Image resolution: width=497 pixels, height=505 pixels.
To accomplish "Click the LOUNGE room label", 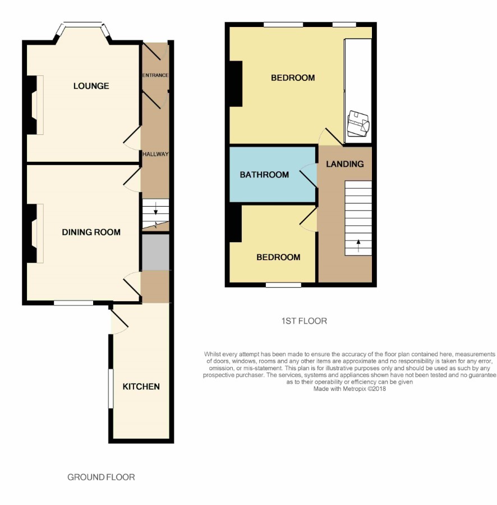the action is (x=91, y=86).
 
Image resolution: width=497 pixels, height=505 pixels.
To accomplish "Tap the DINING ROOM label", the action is (x=91, y=232).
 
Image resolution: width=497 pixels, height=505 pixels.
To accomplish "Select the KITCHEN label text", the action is (x=141, y=386).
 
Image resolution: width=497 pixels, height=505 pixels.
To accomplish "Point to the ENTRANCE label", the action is (x=155, y=75).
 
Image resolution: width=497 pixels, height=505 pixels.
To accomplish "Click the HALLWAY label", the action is (x=155, y=154).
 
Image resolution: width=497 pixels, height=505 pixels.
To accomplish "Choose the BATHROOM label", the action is (x=264, y=175).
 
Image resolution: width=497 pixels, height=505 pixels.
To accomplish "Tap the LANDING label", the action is (x=345, y=164).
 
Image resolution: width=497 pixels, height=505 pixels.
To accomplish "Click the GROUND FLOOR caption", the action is (x=101, y=477).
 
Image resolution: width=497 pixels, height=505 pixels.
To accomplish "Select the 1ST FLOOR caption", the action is (x=304, y=321).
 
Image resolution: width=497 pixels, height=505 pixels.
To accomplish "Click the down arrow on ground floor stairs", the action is (x=156, y=208).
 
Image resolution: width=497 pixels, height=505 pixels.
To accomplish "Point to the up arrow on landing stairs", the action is (x=358, y=245).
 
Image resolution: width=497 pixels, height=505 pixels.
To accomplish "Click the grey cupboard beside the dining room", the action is (x=156, y=252).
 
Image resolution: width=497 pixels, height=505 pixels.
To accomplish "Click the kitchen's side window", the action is (x=111, y=388).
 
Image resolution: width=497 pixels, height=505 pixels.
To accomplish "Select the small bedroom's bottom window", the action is (x=283, y=285).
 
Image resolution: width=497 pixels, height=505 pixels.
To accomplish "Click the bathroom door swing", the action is (x=308, y=175).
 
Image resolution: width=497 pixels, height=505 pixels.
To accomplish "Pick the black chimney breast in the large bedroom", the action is (x=236, y=84).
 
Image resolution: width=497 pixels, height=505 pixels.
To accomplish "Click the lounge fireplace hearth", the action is (x=40, y=105).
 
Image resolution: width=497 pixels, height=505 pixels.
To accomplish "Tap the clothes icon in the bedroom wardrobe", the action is (x=358, y=124).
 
